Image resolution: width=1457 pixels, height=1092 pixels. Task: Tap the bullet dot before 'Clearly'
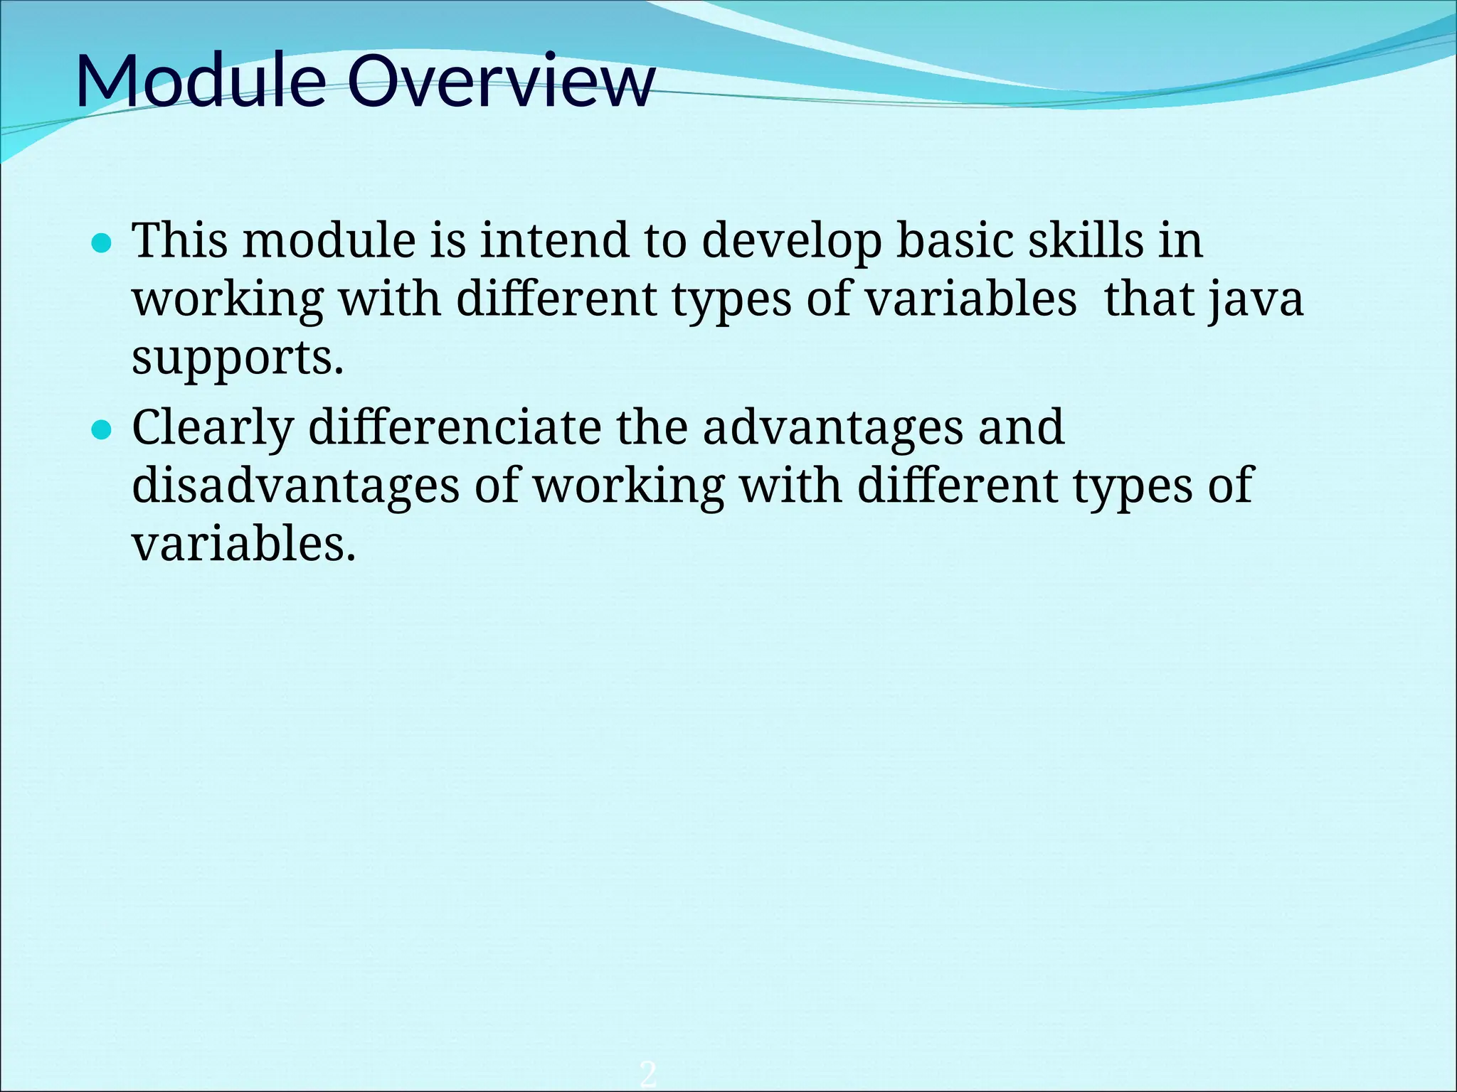point(103,430)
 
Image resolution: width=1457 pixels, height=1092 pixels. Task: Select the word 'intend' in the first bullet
point(554,240)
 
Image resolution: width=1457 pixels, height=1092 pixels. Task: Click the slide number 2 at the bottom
point(647,1073)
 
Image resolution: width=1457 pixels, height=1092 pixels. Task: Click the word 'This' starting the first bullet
point(181,240)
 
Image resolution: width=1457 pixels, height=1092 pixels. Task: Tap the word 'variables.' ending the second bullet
point(243,544)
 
